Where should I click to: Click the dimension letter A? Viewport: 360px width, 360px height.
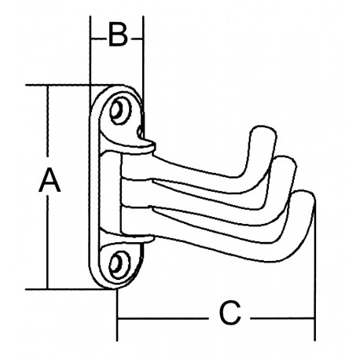click(x=50, y=182)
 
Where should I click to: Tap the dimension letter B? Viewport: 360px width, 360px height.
click(x=117, y=36)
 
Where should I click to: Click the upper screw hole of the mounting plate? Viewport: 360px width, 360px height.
click(x=121, y=111)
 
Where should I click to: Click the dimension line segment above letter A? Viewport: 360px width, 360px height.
click(x=49, y=126)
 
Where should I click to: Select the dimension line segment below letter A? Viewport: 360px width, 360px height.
click(x=49, y=244)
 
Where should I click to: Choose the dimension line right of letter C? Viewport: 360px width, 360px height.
click(x=279, y=318)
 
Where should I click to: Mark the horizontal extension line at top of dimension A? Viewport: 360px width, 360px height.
click(x=67, y=84)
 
